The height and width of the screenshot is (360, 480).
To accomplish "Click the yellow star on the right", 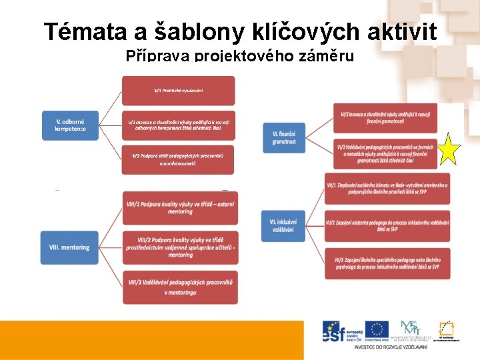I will [x=449, y=149].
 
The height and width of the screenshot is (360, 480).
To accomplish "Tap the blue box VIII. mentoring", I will [x=69, y=247].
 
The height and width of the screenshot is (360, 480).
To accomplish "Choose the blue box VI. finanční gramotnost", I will [x=284, y=137].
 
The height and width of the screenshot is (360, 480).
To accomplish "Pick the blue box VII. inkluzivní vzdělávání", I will [x=284, y=225].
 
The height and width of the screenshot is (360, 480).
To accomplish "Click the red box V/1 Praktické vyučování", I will [x=178, y=90].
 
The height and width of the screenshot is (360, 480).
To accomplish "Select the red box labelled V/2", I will [x=178, y=125].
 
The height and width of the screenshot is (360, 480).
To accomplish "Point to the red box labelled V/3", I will [x=178, y=159].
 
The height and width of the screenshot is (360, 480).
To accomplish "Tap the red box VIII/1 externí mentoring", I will [x=180, y=207].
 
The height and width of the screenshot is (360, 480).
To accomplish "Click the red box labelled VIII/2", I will [x=180, y=247].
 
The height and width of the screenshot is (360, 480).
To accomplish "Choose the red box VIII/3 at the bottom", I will [x=180, y=287].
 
